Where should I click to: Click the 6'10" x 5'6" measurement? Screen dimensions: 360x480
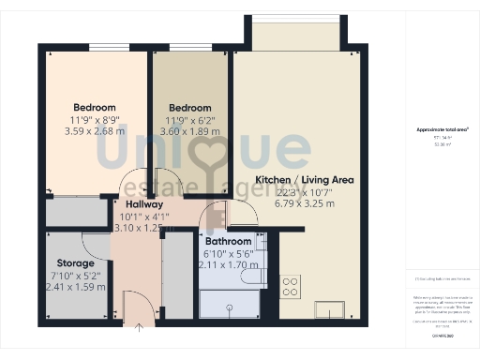[x=228, y=254]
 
